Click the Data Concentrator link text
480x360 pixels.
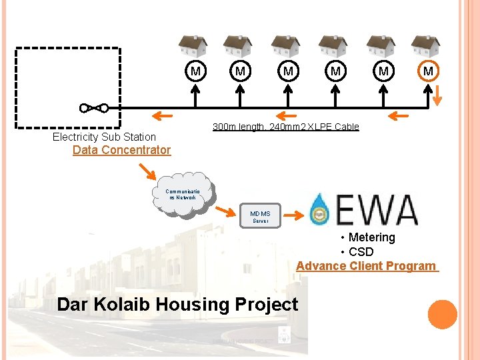[121, 150]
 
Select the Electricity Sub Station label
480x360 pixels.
[104, 137]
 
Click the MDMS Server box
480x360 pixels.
[260, 217]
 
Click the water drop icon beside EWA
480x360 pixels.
[321, 209]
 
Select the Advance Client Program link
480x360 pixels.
[367, 266]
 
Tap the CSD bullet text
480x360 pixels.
[361, 252]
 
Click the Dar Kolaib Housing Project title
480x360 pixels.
[177, 305]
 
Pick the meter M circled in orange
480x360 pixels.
[428, 71]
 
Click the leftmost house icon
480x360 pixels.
[193, 45]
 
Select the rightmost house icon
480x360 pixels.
[425, 45]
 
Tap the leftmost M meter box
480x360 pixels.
[195, 71]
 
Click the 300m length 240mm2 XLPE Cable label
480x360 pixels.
[285, 127]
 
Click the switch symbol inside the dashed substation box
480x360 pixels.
[93, 107]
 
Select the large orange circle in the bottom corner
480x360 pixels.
[442, 315]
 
